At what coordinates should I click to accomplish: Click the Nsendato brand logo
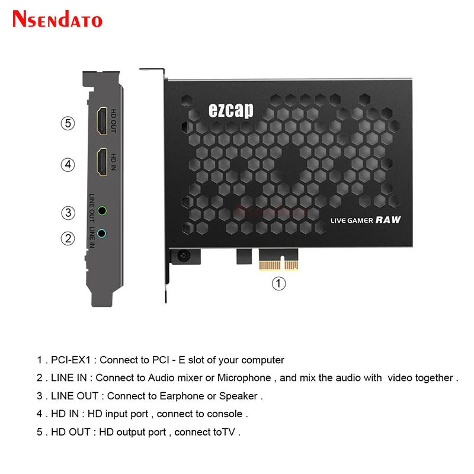57,19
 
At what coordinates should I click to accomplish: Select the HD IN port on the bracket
101,162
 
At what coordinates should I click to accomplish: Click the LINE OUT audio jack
103,210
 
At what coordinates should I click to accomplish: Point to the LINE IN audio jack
103,233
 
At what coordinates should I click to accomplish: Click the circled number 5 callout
69,124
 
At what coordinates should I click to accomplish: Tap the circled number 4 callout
69,164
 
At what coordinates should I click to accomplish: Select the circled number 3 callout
69,212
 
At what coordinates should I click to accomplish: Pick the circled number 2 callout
69,238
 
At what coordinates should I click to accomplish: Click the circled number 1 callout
278,283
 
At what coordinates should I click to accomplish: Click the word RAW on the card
388,220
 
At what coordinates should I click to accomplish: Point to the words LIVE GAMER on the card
351,220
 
